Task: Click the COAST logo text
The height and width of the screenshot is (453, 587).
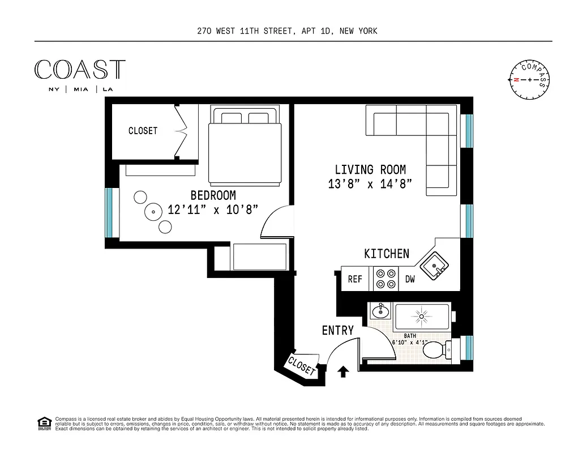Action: click(80, 70)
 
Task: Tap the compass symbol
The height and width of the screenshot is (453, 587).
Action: click(530, 79)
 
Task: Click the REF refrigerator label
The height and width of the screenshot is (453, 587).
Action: click(355, 279)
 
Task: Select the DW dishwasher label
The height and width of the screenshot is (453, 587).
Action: click(410, 279)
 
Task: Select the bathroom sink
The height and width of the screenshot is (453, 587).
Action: click(380, 311)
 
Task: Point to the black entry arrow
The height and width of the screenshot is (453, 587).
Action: click(342, 371)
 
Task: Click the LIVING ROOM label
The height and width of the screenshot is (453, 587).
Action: click(370, 169)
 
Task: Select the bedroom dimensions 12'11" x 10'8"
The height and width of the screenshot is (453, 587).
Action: click(213, 209)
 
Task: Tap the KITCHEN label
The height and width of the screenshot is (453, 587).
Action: click(386, 254)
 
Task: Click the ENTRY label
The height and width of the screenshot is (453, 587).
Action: click(338, 330)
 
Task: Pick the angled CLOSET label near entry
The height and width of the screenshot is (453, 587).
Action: click(301, 366)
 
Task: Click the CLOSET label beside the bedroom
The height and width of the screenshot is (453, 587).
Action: click(143, 131)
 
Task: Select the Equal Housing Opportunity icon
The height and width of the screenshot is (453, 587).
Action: click(43, 422)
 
